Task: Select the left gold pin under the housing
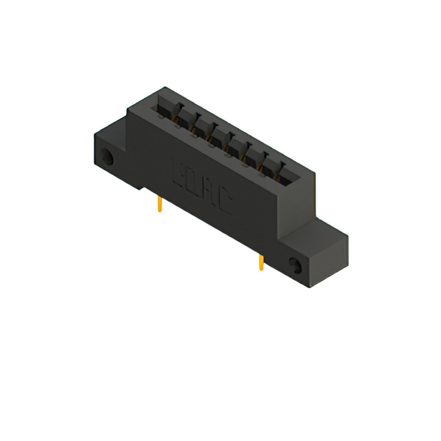(161, 203)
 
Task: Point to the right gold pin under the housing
(260, 263)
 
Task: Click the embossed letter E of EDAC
(176, 169)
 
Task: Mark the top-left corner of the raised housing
(163, 88)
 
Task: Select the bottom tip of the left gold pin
(161, 212)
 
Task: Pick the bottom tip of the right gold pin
(260, 270)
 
